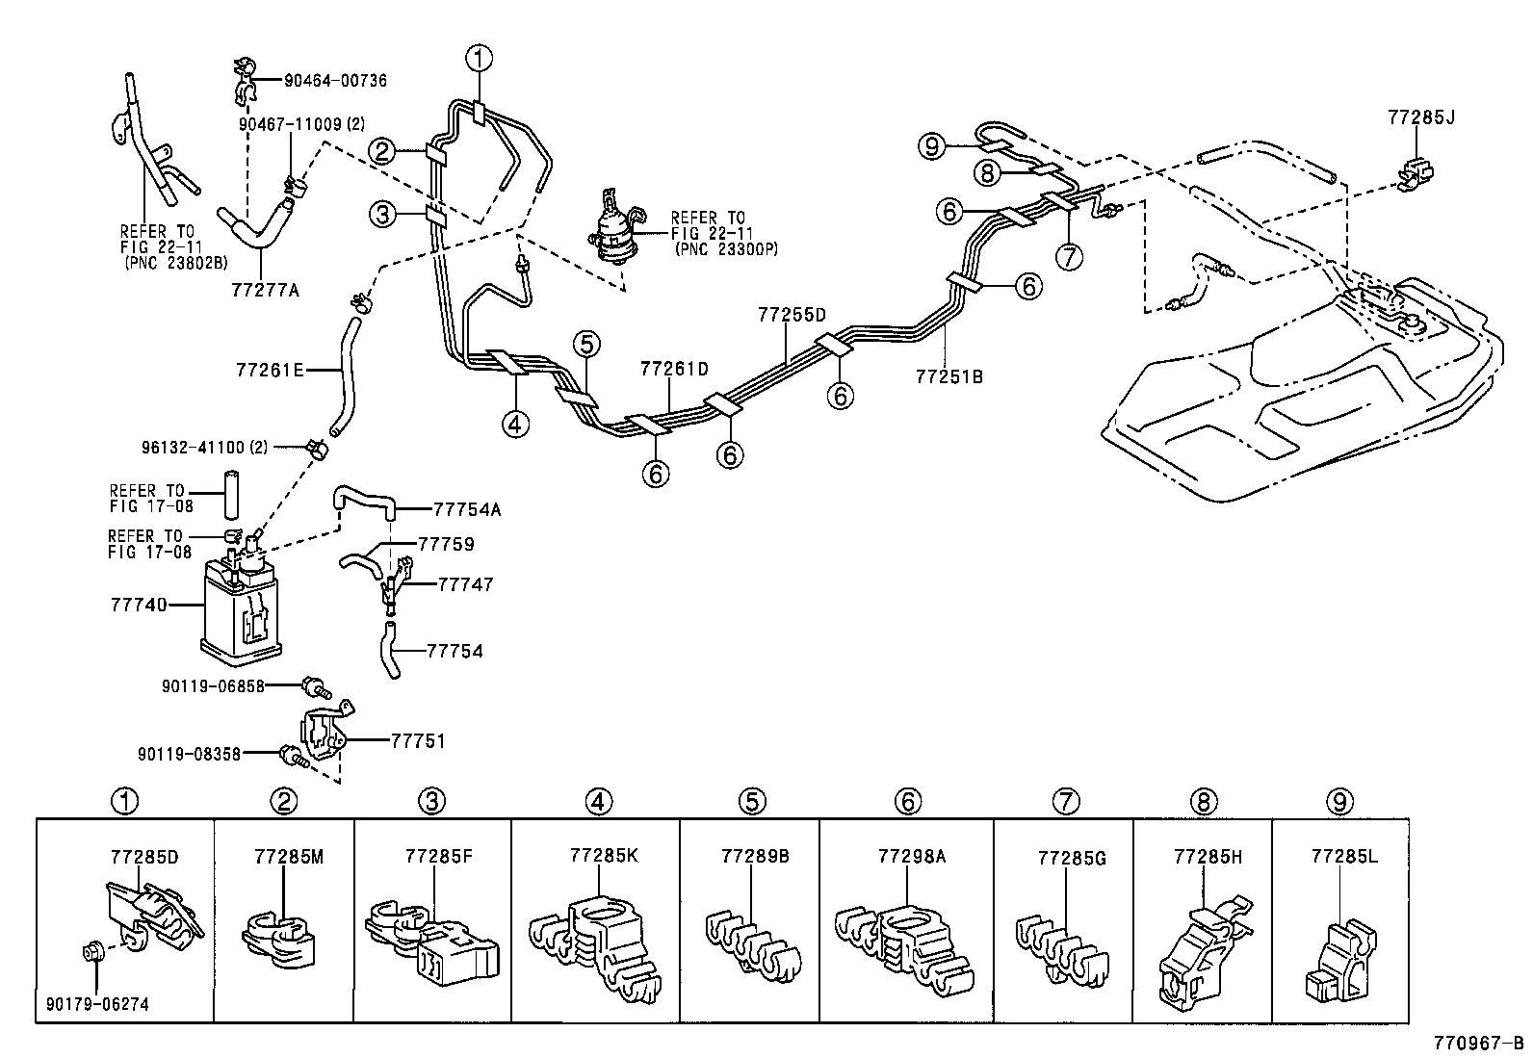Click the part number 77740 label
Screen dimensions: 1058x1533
139,605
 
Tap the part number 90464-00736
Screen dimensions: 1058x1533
335,81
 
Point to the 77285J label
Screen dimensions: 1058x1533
1420,117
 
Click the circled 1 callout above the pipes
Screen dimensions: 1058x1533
479,60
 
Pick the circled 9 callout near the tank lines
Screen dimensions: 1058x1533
930,146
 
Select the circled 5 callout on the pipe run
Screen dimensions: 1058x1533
586,343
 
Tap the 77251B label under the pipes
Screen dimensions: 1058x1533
949,376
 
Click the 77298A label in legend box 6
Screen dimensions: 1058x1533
912,855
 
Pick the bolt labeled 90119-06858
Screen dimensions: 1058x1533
314,686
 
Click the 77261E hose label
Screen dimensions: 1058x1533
271,370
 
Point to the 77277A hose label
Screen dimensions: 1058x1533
265,288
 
